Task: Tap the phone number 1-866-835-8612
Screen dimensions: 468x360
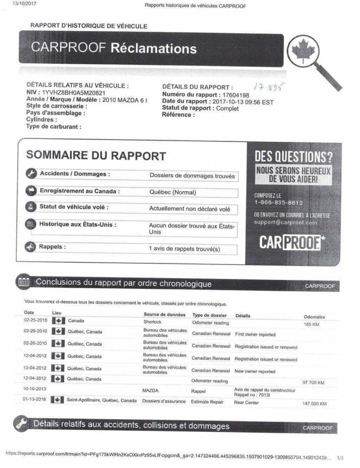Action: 279,203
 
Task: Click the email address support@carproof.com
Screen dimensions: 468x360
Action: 285,222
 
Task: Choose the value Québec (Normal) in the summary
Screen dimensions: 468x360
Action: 173,193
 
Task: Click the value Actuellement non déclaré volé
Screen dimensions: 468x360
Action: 189,209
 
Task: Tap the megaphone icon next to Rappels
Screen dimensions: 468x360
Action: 31,247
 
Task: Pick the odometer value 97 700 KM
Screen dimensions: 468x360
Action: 313,383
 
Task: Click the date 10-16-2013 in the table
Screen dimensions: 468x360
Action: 35,389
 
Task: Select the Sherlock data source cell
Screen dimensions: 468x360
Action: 152,322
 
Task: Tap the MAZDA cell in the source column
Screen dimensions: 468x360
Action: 150,390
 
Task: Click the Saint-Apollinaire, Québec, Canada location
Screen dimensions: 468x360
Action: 101,401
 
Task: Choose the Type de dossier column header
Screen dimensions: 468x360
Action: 210,315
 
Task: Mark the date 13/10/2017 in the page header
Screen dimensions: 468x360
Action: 24,4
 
